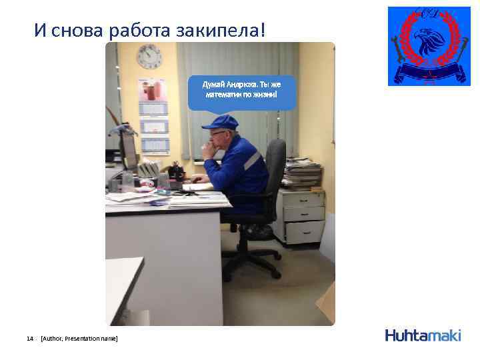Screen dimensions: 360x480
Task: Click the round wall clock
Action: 149,56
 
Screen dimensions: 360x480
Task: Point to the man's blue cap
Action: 221,121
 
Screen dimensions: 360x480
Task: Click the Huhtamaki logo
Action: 423,335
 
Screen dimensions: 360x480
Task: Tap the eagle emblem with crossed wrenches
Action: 428,46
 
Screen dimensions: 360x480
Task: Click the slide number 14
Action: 29,339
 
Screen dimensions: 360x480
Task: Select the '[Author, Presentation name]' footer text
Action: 79,339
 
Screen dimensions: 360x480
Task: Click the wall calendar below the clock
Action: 153,117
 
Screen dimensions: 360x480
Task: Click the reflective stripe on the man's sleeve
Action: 251,161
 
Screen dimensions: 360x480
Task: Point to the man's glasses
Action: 216,133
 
